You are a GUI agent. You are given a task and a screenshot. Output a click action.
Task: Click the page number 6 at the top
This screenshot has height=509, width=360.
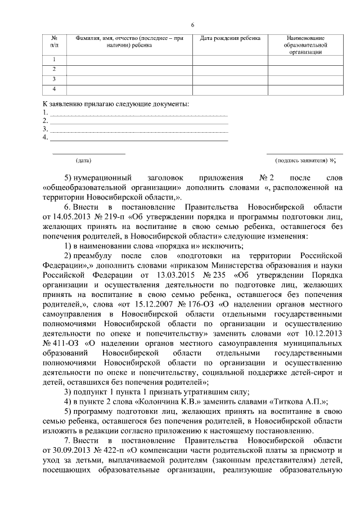192,25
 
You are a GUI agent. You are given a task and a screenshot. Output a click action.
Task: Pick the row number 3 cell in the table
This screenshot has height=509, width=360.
54,79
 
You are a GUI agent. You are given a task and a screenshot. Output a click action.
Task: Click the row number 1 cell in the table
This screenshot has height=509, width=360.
54,59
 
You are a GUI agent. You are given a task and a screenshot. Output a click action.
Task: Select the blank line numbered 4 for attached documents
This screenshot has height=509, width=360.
139,137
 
